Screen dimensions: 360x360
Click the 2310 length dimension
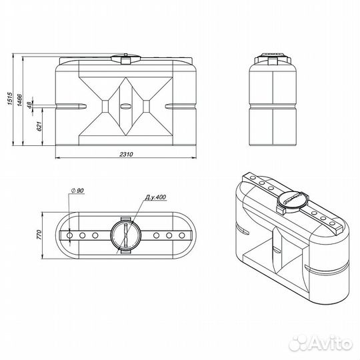coord(126,154)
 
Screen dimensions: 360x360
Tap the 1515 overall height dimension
coord(9,99)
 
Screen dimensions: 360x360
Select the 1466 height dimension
coord(20,100)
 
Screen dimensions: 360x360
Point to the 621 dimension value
coord(39,126)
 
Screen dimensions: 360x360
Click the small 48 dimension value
coord(29,105)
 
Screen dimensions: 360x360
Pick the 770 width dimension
coord(39,235)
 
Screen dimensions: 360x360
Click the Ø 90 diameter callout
coord(77,191)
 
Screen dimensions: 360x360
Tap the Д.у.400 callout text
coord(155,197)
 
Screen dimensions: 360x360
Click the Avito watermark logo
coord(321,345)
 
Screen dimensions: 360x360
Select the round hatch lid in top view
coord(125,235)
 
